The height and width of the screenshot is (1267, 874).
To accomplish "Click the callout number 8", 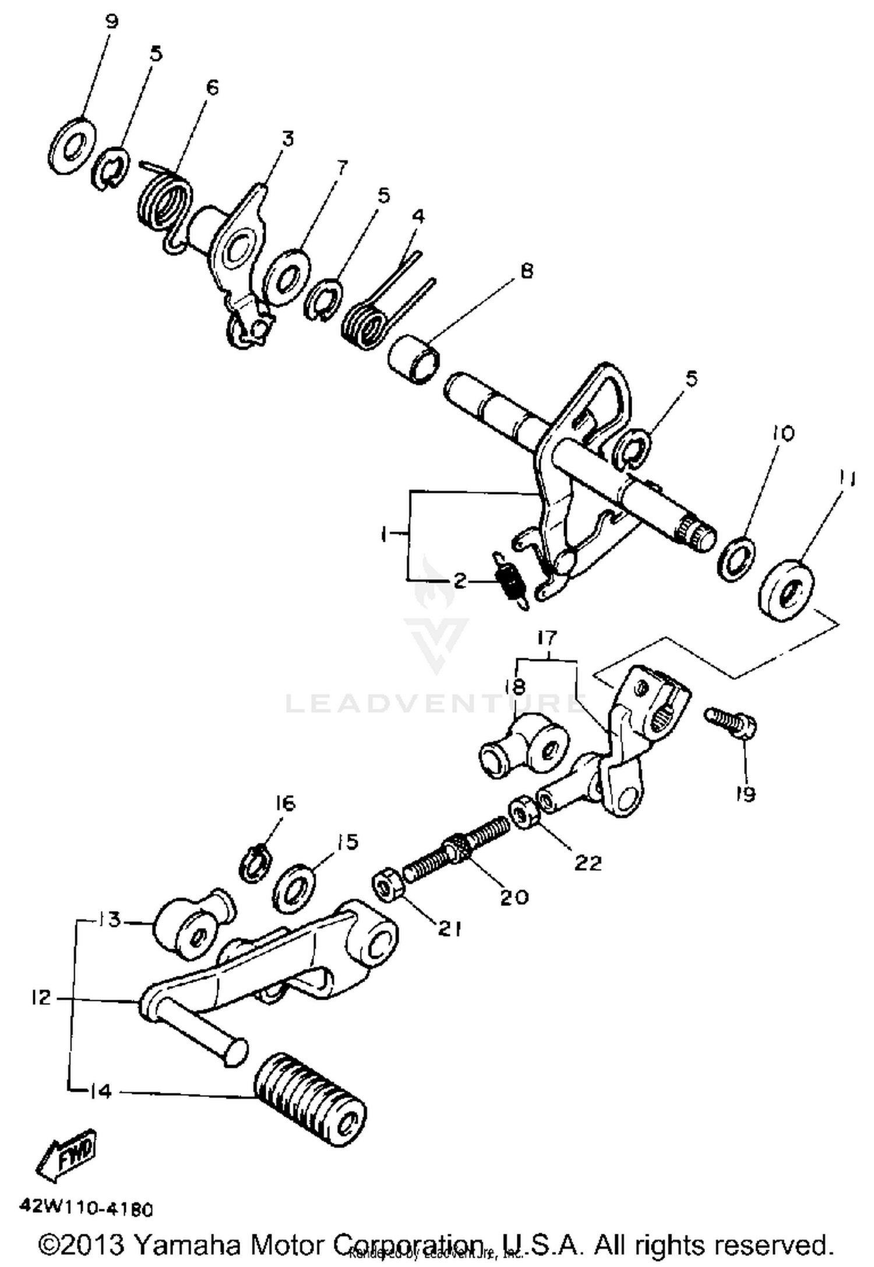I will tap(526, 271).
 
